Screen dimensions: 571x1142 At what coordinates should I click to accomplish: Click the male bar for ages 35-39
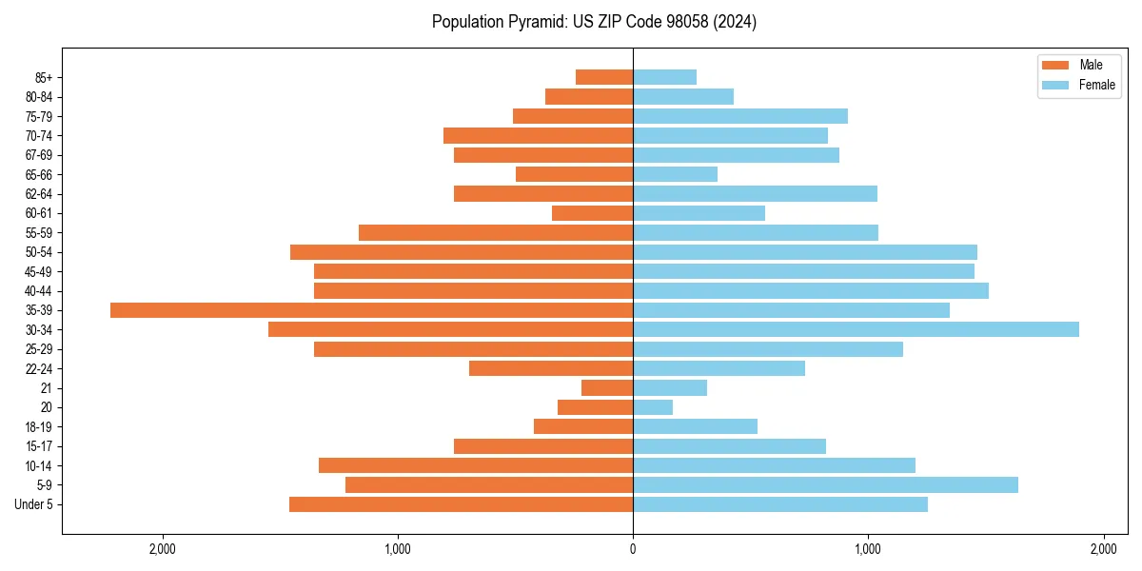click(371, 310)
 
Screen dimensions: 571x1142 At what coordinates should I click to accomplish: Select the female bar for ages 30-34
click(856, 329)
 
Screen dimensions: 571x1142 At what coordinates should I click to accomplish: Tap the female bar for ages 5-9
click(825, 485)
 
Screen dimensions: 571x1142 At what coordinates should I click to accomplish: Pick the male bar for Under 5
click(461, 504)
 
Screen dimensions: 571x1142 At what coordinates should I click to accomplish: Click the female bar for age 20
click(653, 407)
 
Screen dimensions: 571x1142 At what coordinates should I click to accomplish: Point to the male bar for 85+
click(604, 77)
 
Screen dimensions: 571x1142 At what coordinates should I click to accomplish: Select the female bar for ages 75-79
click(740, 116)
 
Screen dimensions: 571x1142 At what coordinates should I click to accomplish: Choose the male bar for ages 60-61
click(592, 213)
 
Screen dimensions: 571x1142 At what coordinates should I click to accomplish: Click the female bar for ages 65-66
click(675, 174)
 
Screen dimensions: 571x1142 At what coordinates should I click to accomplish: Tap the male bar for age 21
click(607, 388)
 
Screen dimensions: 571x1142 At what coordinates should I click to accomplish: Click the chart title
click(594, 22)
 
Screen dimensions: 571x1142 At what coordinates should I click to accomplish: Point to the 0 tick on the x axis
click(633, 549)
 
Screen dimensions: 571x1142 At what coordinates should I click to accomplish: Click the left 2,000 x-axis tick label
click(163, 549)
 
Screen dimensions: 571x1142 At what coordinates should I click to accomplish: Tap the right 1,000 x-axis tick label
click(868, 549)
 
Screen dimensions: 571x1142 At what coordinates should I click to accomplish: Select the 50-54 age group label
click(39, 252)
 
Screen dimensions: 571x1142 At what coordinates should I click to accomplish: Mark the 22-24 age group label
click(39, 369)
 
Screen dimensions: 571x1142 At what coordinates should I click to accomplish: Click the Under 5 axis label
click(34, 504)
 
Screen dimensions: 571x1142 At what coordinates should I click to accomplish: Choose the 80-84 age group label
click(39, 97)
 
